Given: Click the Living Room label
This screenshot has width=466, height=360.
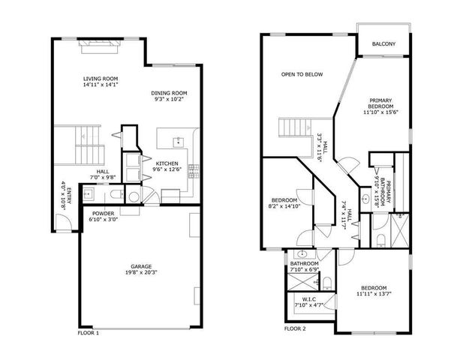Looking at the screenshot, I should click(100, 79).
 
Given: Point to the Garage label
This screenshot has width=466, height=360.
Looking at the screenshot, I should click(141, 266).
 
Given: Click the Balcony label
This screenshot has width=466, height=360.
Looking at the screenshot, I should click(383, 44).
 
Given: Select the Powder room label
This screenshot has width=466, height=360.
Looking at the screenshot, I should click(101, 214).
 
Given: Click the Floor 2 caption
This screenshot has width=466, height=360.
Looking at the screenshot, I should click(295, 328).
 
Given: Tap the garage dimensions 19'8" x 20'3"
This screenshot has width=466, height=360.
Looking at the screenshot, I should click(141, 273).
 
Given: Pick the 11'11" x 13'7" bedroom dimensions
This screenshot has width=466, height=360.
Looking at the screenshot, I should click(372, 295).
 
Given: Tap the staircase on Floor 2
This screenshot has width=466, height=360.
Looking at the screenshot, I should click(295, 127).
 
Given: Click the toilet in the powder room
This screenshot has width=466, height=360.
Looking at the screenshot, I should click(134, 197).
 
